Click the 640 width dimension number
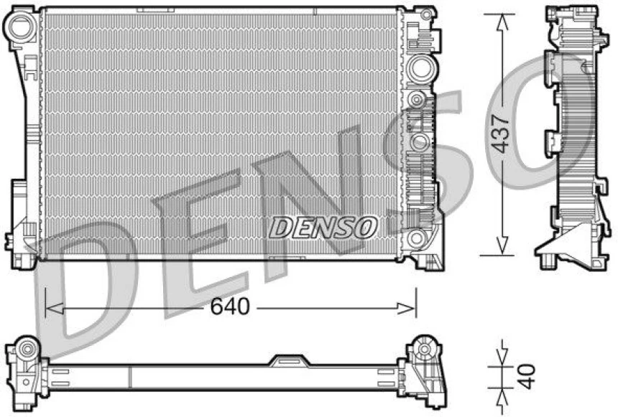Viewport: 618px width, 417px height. [230, 307]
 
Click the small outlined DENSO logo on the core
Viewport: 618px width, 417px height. [323, 228]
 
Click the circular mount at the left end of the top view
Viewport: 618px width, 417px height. [28, 350]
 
